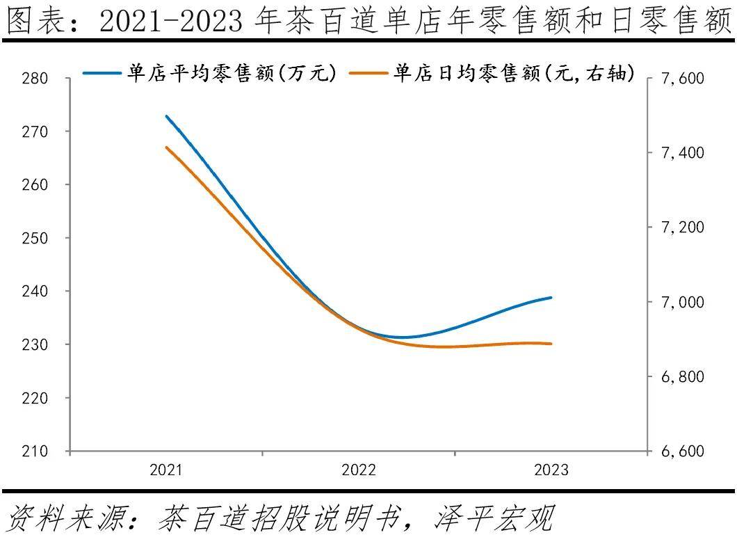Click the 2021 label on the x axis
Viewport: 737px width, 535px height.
click(166, 470)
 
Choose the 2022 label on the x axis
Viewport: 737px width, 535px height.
click(359, 470)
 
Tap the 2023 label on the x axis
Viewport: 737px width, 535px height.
click(551, 470)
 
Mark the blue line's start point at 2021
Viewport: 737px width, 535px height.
click(166, 116)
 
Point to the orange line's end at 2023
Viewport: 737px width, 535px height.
click(551, 344)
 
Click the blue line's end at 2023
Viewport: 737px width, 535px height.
click(551, 297)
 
